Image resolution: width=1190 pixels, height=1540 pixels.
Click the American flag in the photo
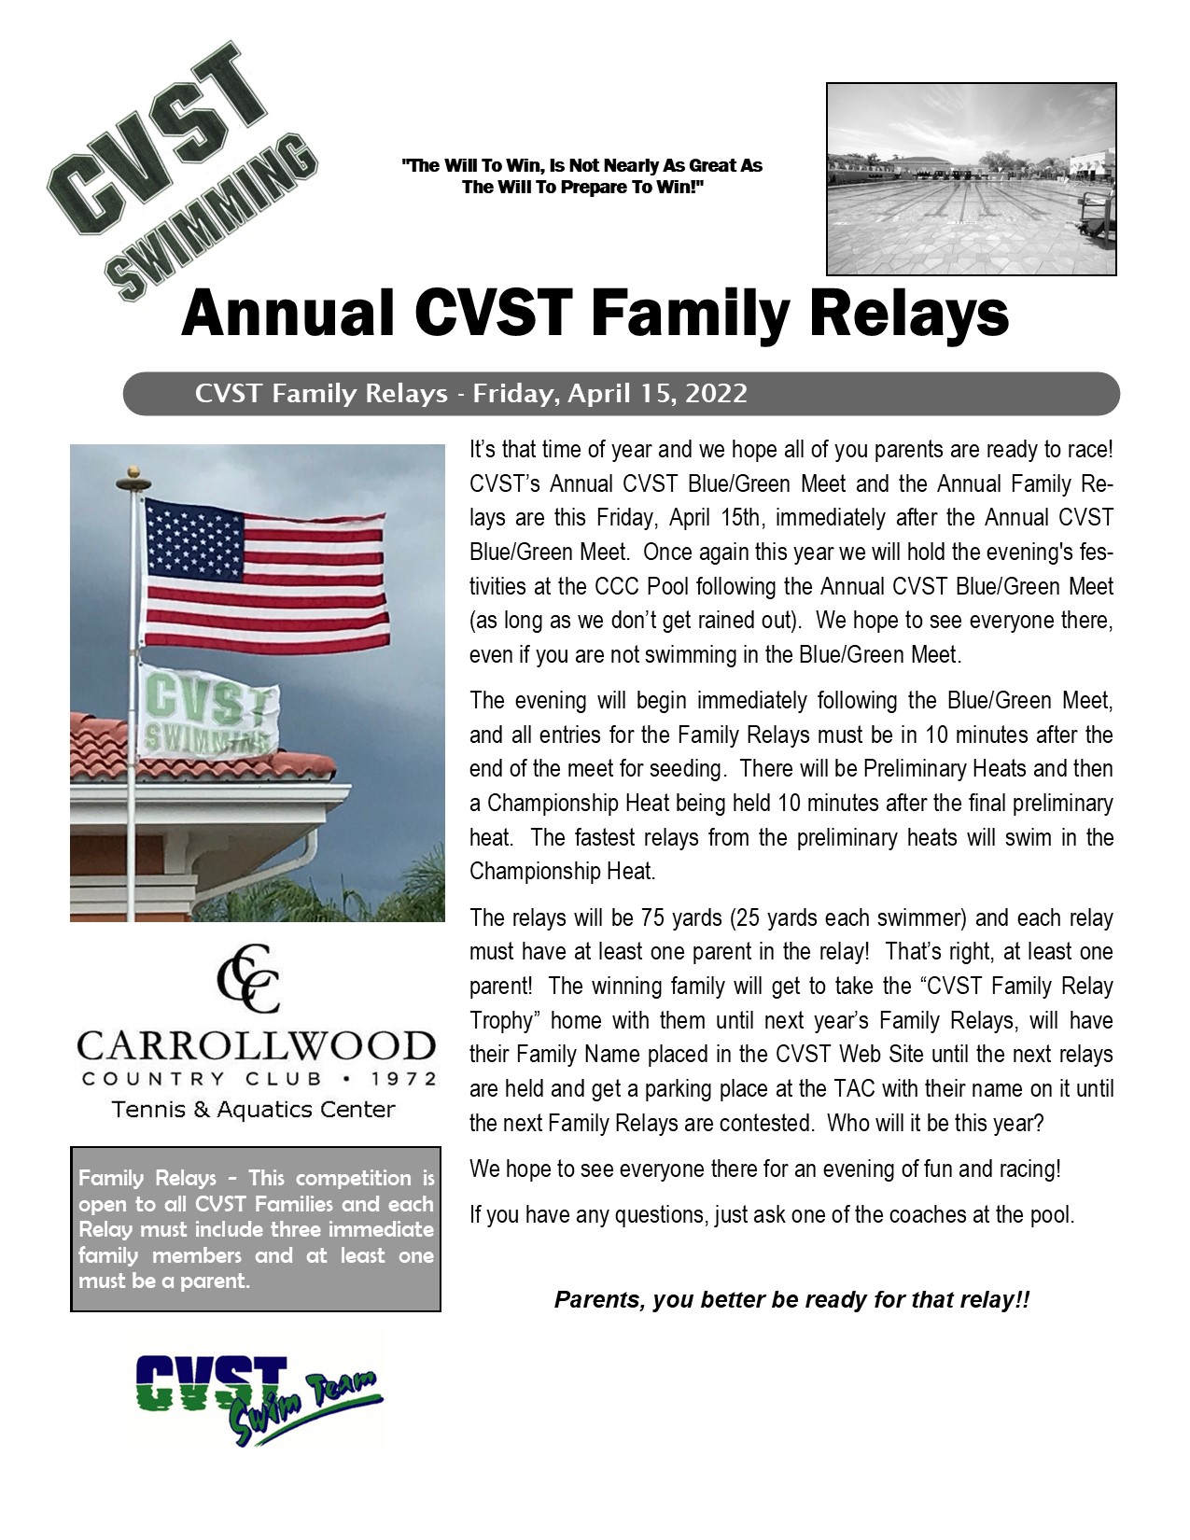(x=266, y=576)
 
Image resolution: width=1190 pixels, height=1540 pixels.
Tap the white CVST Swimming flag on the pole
(x=207, y=711)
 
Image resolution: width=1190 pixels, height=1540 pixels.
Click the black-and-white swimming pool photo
(x=971, y=178)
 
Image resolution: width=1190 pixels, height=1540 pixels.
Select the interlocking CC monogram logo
(x=249, y=979)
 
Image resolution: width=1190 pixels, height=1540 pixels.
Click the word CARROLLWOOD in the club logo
(x=256, y=1047)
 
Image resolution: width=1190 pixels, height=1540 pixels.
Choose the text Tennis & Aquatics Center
(x=253, y=1110)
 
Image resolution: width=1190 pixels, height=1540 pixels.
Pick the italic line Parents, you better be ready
(x=791, y=1300)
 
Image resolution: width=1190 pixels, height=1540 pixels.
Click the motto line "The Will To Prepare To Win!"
(x=582, y=188)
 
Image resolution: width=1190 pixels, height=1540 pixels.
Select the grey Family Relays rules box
(x=256, y=1229)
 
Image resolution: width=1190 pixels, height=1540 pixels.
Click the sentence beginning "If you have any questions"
(x=772, y=1214)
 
